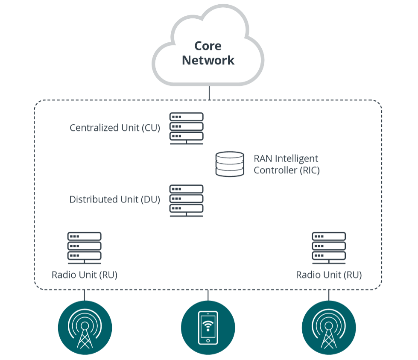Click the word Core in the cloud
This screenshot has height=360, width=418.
(x=208, y=46)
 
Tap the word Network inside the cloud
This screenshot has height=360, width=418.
(x=208, y=60)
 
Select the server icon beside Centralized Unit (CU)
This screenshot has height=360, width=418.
(x=187, y=128)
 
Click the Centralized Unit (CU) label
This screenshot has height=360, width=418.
(x=115, y=128)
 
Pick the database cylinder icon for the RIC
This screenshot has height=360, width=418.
(x=229, y=164)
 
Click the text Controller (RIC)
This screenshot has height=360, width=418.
(x=286, y=170)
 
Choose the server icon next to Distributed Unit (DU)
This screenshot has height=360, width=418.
(x=187, y=200)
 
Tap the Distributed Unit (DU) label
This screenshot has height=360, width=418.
(x=114, y=199)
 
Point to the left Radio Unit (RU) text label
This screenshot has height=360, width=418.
(x=85, y=275)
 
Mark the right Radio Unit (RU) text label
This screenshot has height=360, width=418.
(x=329, y=275)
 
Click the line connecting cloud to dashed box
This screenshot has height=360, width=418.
(x=209, y=93)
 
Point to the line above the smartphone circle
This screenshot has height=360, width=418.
(x=208, y=296)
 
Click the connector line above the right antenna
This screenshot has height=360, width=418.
(x=329, y=296)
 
